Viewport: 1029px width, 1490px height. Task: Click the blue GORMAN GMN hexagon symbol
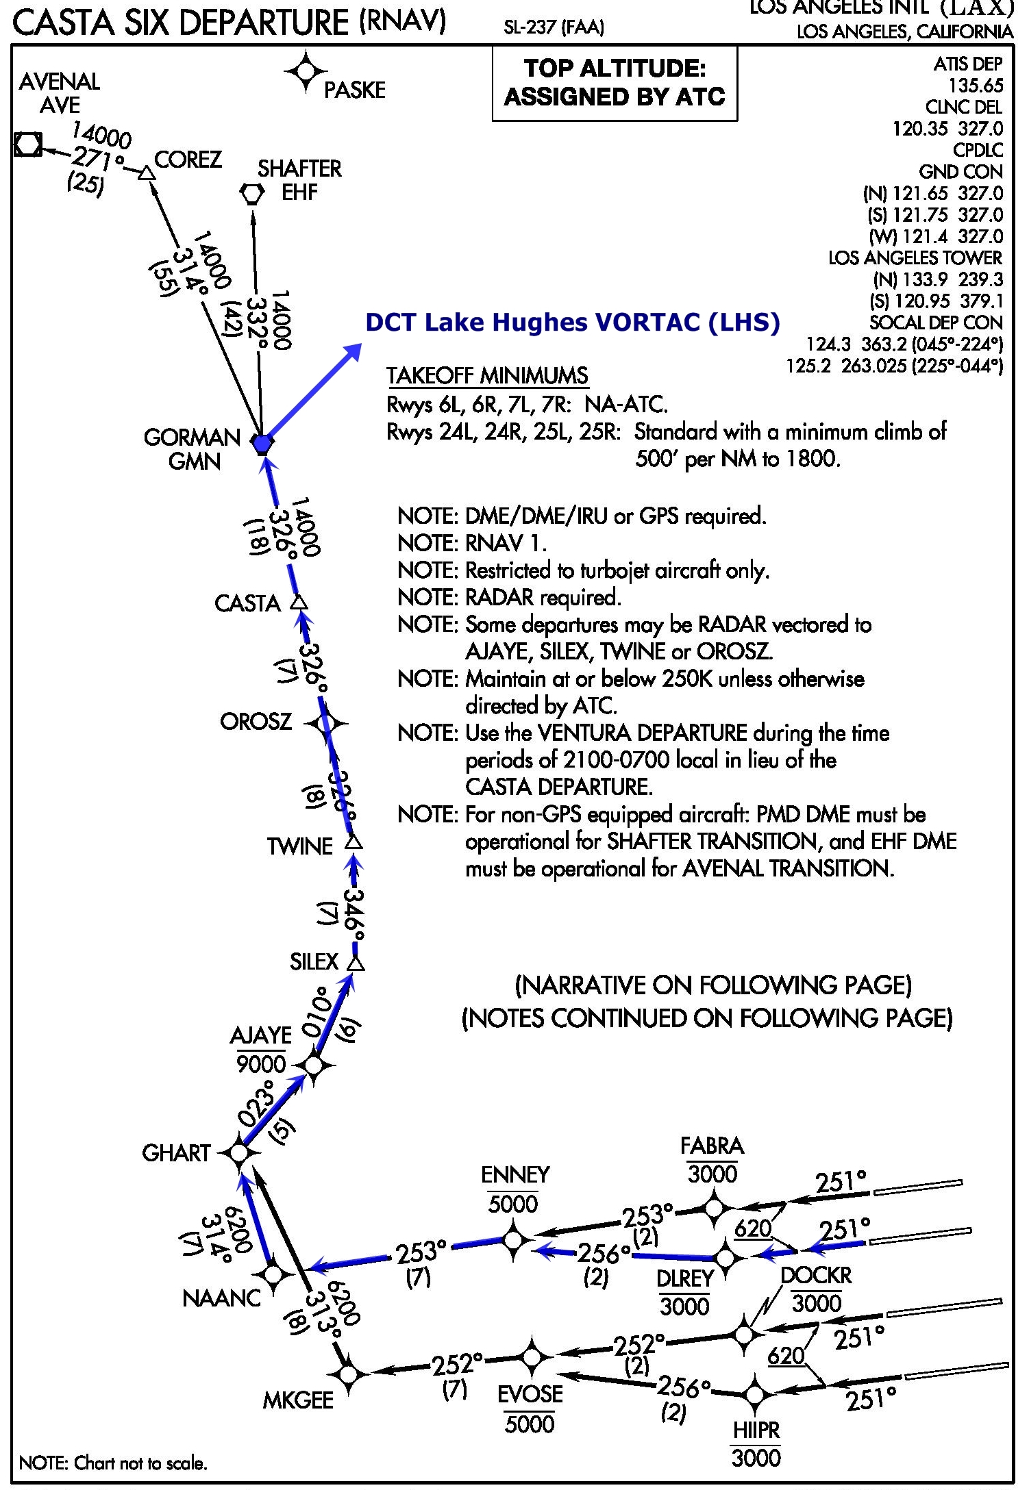(262, 444)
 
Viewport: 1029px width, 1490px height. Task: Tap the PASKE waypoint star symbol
(306, 71)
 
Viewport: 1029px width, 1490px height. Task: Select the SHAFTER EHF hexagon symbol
(252, 194)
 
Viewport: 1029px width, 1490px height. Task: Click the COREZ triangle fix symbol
(146, 173)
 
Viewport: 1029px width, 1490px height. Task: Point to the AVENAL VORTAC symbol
(28, 144)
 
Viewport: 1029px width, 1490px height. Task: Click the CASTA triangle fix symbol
(299, 603)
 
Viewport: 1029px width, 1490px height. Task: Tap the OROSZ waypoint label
(256, 722)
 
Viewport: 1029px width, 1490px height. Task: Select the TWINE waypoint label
(299, 846)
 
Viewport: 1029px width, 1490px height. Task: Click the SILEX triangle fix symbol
(356, 963)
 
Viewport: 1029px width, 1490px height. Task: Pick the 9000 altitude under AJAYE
(261, 1063)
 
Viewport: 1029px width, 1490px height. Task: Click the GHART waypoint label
(176, 1153)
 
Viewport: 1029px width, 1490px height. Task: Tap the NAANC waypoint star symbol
(273, 1274)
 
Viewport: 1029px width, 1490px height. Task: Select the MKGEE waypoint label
(298, 1400)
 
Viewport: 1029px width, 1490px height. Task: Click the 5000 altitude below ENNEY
(513, 1203)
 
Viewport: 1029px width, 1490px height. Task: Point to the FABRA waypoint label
(712, 1146)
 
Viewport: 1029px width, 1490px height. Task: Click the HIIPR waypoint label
(756, 1430)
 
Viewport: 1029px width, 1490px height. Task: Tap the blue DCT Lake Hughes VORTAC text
(572, 322)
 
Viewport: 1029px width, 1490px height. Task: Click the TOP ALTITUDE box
(615, 83)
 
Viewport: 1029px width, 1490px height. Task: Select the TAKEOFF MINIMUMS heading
(487, 375)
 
